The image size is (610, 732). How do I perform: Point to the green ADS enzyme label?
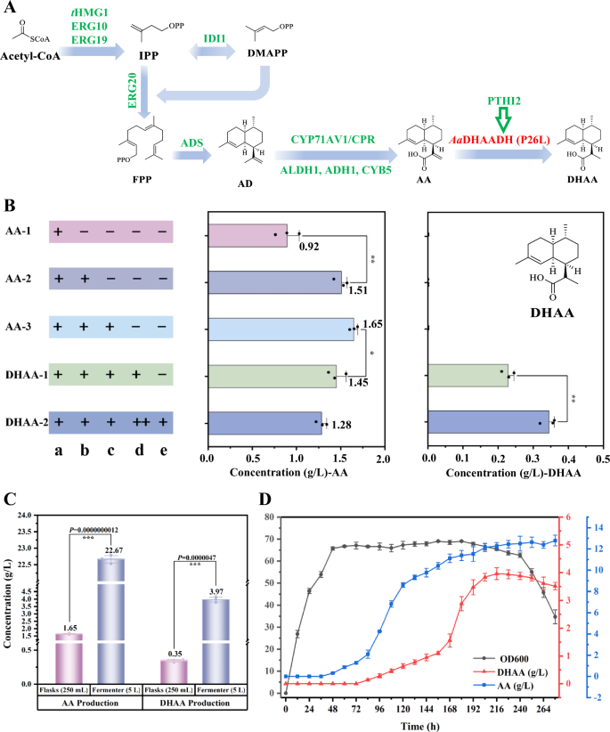point(192,140)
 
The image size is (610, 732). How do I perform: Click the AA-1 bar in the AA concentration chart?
point(247,235)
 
